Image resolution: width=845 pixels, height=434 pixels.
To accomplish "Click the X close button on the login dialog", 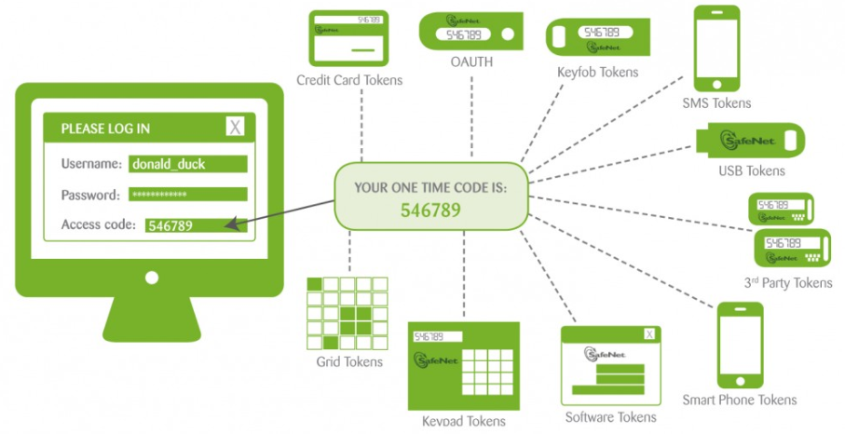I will click(235, 128).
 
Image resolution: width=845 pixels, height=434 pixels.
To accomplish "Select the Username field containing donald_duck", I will click(188, 164).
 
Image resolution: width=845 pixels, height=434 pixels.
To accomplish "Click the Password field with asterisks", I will click(188, 195).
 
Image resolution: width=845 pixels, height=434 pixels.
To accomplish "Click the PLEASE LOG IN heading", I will click(105, 129).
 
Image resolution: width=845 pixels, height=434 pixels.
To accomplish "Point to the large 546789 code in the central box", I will click(430, 210).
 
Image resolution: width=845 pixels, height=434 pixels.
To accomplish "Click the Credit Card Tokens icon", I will click(348, 38).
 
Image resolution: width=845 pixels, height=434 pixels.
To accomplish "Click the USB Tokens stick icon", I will click(752, 141).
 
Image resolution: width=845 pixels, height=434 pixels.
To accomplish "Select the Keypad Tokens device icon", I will click(463, 365).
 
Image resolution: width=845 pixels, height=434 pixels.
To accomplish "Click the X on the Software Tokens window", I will click(649, 335).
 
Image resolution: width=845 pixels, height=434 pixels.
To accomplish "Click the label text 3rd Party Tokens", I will click(787, 283).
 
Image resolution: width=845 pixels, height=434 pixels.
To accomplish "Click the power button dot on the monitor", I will click(149, 278).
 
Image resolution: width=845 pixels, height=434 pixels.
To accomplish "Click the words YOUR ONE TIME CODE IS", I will click(430, 187).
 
